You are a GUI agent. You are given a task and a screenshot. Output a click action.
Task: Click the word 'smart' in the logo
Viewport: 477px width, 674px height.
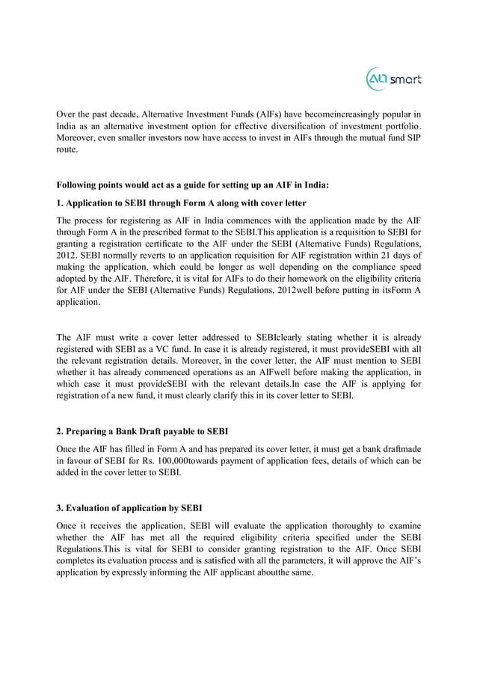(405, 79)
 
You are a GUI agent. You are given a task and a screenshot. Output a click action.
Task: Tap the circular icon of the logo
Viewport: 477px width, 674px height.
(376, 79)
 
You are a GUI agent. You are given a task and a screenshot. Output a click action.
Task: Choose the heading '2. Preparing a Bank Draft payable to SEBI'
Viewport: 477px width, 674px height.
(143, 431)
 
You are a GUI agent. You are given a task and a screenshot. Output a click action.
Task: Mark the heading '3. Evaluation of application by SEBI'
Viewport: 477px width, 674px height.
(129, 508)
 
